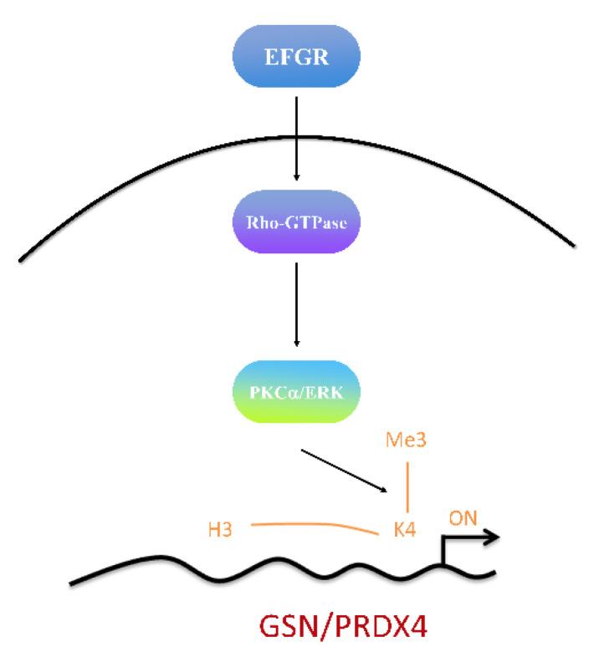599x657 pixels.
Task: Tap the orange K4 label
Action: click(406, 528)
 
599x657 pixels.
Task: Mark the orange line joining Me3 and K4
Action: click(407, 485)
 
